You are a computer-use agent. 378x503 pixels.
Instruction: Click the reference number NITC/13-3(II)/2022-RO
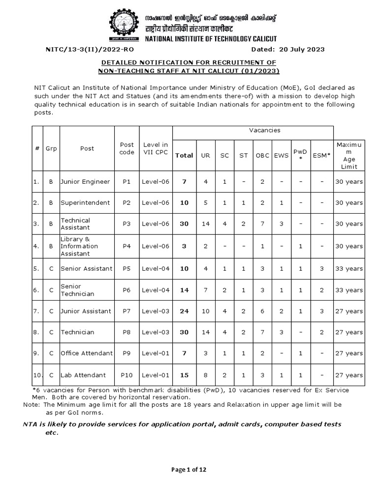pos(89,49)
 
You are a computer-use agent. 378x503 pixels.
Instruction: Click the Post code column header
pos(127,148)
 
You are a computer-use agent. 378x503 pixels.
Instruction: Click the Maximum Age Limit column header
pos(348,155)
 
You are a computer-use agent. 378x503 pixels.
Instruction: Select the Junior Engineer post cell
pos(86,182)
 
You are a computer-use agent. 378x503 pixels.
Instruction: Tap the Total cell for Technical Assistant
pos(184,224)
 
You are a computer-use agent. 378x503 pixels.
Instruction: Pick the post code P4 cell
pos(127,247)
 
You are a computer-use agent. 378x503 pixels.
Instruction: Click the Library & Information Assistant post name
pos(80,247)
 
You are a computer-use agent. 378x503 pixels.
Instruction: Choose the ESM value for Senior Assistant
pos(322,269)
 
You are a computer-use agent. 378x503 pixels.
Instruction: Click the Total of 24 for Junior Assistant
pos(184,311)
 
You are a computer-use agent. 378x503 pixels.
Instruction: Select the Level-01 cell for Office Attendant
pos(156,353)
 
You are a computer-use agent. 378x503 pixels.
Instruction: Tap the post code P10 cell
pos(127,375)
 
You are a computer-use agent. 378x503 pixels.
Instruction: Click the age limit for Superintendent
pos(348,203)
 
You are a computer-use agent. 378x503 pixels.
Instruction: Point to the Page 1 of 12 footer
pos(189,470)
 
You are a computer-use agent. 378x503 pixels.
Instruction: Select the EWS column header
pos(279,156)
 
